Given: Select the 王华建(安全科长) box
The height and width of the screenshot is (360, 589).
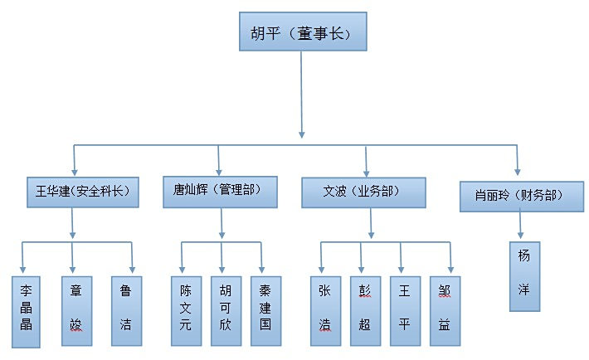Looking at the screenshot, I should point(80,192).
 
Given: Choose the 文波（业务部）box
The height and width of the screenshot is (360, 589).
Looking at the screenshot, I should point(363,192).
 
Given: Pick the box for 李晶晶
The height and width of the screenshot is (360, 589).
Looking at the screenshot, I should point(26,310).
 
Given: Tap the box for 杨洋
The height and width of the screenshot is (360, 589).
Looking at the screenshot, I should point(523,276).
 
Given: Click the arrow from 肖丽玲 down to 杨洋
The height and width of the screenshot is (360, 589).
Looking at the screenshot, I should point(520,226).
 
